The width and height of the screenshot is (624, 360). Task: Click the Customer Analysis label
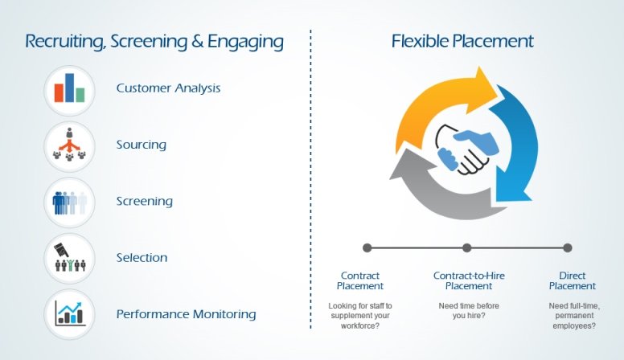pyautogui.click(x=168, y=88)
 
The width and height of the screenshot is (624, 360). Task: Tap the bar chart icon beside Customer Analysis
pyautogui.click(x=70, y=88)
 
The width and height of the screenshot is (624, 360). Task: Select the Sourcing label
pyautogui.click(x=142, y=145)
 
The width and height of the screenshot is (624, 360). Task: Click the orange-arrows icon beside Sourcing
pyautogui.click(x=70, y=145)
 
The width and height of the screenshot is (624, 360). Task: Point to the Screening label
pyautogui.click(x=145, y=201)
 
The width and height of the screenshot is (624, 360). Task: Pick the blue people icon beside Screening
pyautogui.click(x=70, y=202)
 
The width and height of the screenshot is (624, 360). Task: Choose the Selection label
pyautogui.click(x=142, y=257)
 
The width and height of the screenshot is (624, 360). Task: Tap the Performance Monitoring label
pyautogui.click(x=187, y=314)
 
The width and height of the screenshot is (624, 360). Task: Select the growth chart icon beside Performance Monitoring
pyautogui.click(x=70, y=313)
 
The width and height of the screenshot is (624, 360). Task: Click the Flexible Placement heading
pyautogui.click(x=462, y=41)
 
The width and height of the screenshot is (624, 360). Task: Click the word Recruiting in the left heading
pyautogui.click(x=65, y=42)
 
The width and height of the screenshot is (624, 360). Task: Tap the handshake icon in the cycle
pyautogui.click(x=467, y=149)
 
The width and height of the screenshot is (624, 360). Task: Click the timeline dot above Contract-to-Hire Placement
pyautogui.click(x=467, y=247)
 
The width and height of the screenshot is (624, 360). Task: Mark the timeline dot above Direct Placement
pyautogui.click(x=568, y=247)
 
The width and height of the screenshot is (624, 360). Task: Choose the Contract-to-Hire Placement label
pyautogui.click(x=469, y=280)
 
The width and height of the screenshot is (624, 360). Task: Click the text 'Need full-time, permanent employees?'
pyautogui.click(x=574, y=316)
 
